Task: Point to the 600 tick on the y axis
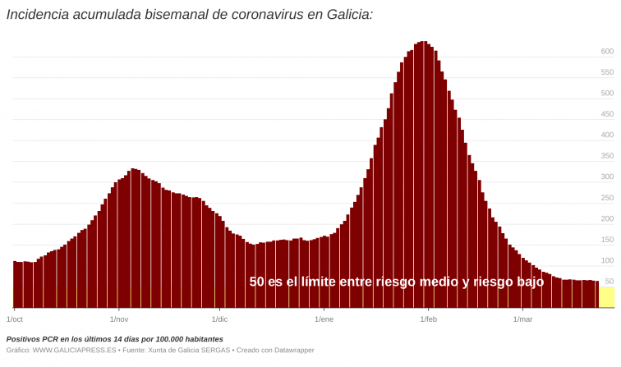point(607,51)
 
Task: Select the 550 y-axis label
point(607,72)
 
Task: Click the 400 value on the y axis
point(607,135)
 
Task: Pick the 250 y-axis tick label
point(607,198)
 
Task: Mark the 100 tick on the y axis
point(607,260)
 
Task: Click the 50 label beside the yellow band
point(609,282)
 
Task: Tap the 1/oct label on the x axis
point(15,319)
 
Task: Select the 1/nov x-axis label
point(118,319)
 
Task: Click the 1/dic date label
point(219,319)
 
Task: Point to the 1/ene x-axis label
point(324,319)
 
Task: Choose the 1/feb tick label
point(428,319)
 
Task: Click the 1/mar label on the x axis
point(522,319)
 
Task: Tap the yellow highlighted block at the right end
point(606,297)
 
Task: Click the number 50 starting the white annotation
point(257,282)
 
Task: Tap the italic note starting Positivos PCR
point(114,338)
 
